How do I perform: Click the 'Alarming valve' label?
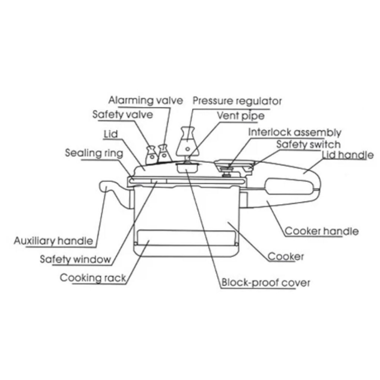tap(145, 100)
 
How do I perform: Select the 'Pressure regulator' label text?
tap(237, 101)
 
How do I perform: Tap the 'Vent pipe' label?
tap(240, 116)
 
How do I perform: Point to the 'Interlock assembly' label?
tap(295, 132)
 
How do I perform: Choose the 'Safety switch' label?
tap(308, 144)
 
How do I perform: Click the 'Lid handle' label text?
tap(348, 155)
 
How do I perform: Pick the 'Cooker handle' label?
tap(322, 231)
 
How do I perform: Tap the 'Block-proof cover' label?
tap(266, 282)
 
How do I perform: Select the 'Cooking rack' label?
tap(93, 278)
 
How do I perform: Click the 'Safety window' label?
tap(75, 259)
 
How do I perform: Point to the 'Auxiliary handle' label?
tap(53, 240)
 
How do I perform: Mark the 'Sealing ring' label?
tap(94, 153)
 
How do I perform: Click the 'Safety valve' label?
tap(122, 114)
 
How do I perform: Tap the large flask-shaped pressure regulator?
tap(188, 142)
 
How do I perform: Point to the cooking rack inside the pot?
tap(186, 238)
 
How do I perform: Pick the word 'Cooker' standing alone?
tap(285, 256)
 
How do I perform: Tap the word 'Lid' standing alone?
tap(111, 134)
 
